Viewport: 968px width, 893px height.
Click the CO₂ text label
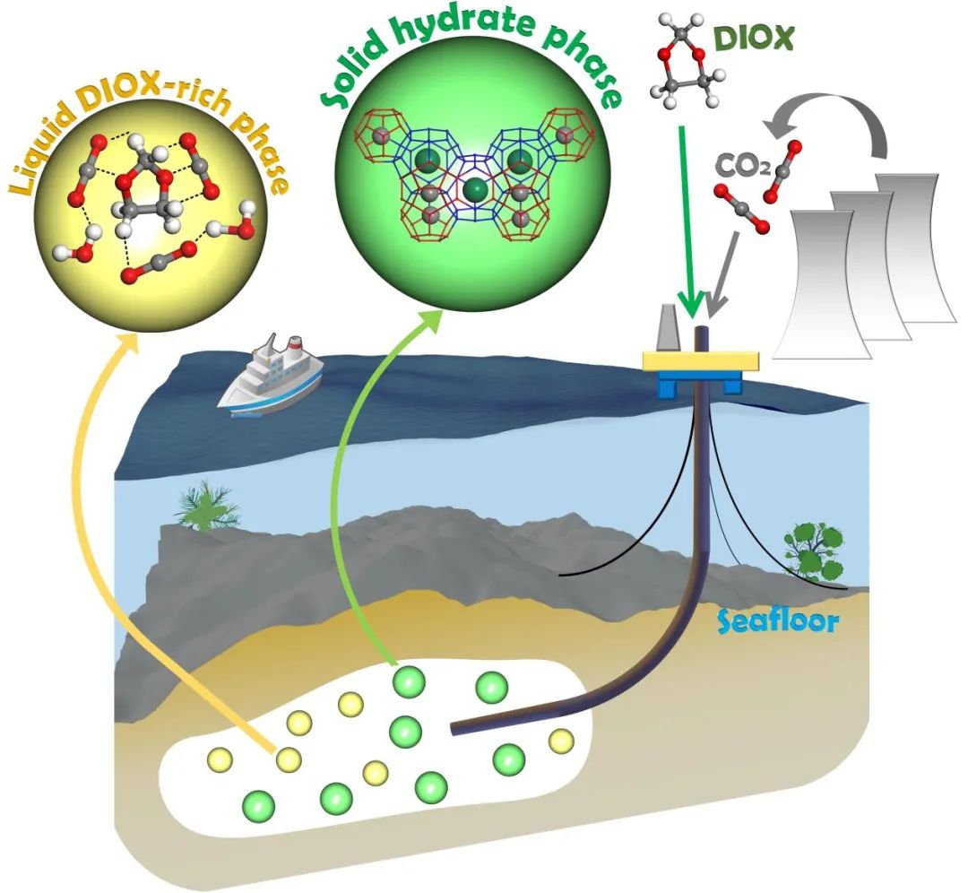[736, 167]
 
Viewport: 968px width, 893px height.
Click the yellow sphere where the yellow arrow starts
[288, 759]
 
